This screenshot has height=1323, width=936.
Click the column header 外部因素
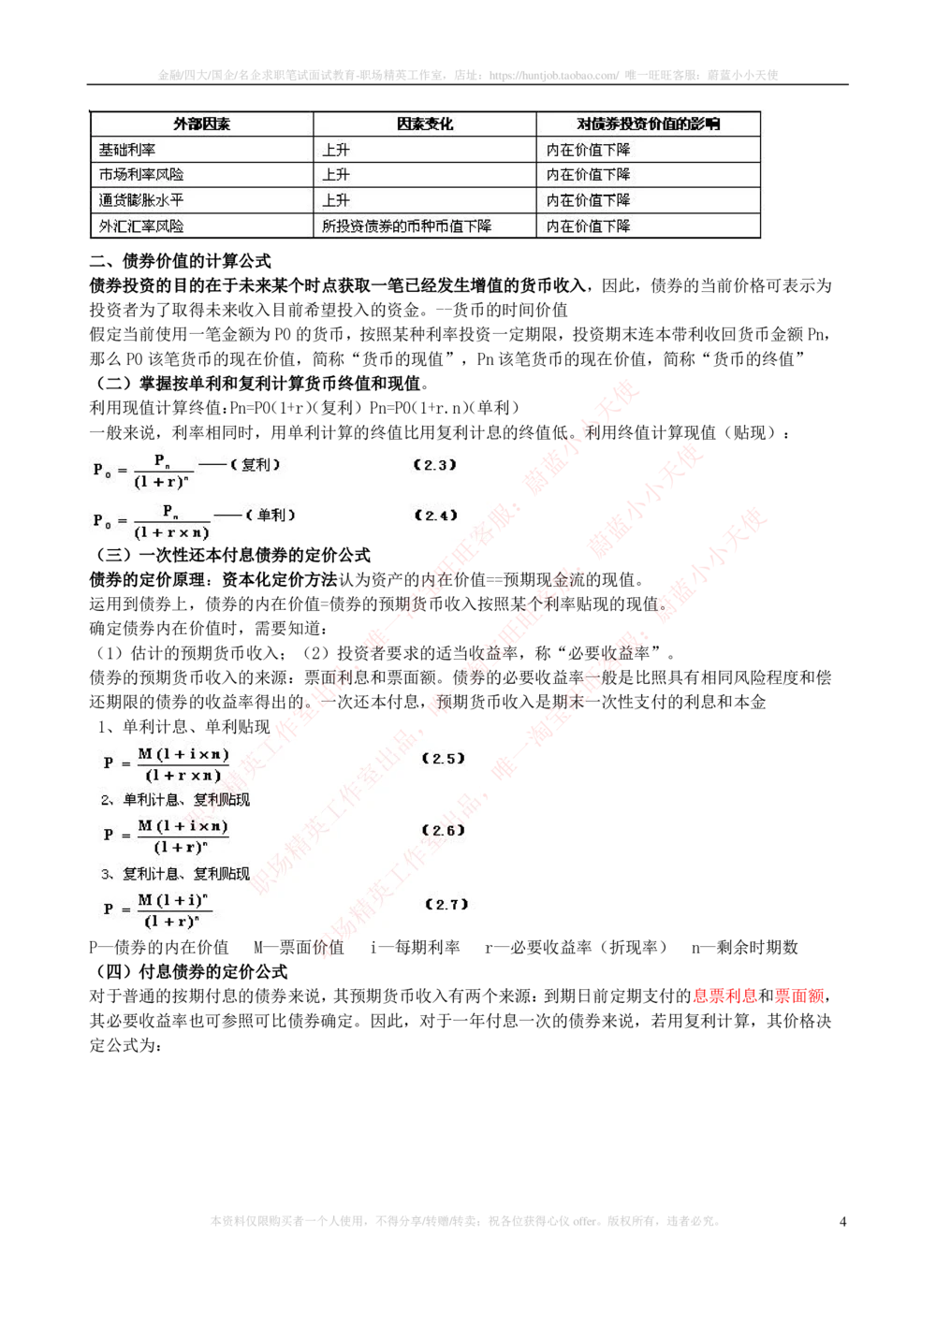coord(201,124)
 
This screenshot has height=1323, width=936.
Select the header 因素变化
coord(424,124)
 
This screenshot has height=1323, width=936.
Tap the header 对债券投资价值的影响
coord(648,124)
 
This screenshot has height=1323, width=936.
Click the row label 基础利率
coord(127,150)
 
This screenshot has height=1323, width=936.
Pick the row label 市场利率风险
coord(141,175)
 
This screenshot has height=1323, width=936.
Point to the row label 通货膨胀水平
coord(141,200)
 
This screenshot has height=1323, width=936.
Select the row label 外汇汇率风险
coord(141,225)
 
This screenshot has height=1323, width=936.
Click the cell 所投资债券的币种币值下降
coord(406,225)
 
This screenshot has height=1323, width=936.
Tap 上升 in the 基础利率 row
coord(336,150)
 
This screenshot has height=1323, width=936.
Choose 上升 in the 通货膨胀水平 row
coord(336,200)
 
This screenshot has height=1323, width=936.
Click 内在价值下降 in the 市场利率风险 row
coord(588,175)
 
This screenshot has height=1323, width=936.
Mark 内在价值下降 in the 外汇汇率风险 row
coord(588,225)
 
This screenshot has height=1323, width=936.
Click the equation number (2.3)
coord(435,465)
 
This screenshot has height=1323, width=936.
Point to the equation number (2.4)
coord(435,516)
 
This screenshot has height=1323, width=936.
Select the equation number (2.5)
coord(443,759)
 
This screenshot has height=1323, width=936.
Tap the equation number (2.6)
coord(443,831)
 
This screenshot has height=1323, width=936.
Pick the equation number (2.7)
coord(446,905)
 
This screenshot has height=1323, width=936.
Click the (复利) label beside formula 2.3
coord(256,465)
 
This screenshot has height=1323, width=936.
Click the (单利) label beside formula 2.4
coord(271,516)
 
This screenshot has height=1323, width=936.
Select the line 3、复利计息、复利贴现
coord(175,874)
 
